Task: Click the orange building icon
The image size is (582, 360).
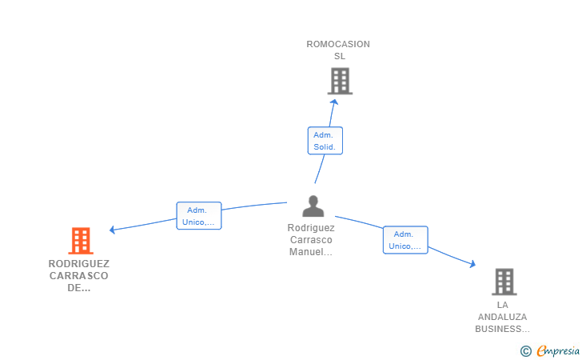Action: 81,240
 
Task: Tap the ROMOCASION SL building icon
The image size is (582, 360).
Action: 340,81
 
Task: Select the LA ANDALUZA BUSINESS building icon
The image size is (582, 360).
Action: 504,282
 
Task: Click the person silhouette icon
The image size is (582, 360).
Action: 313,206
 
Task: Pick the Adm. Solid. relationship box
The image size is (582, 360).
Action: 325,141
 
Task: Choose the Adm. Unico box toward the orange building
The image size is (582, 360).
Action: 198,215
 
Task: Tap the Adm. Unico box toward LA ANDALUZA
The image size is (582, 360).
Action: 405,240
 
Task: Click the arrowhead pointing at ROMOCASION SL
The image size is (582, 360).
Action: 333,102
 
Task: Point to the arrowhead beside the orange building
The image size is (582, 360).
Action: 113,230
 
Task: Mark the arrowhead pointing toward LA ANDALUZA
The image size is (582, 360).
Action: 472,264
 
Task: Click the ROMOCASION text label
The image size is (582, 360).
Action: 338,44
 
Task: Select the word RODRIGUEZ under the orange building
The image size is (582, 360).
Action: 78,264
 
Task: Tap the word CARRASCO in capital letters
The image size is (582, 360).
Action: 78,276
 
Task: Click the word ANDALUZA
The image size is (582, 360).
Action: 502,317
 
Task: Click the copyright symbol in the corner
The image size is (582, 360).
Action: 525,351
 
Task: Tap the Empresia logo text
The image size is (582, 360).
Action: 558,350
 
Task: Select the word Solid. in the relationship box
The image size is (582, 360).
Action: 325,146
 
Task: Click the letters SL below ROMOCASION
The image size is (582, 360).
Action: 340,56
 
